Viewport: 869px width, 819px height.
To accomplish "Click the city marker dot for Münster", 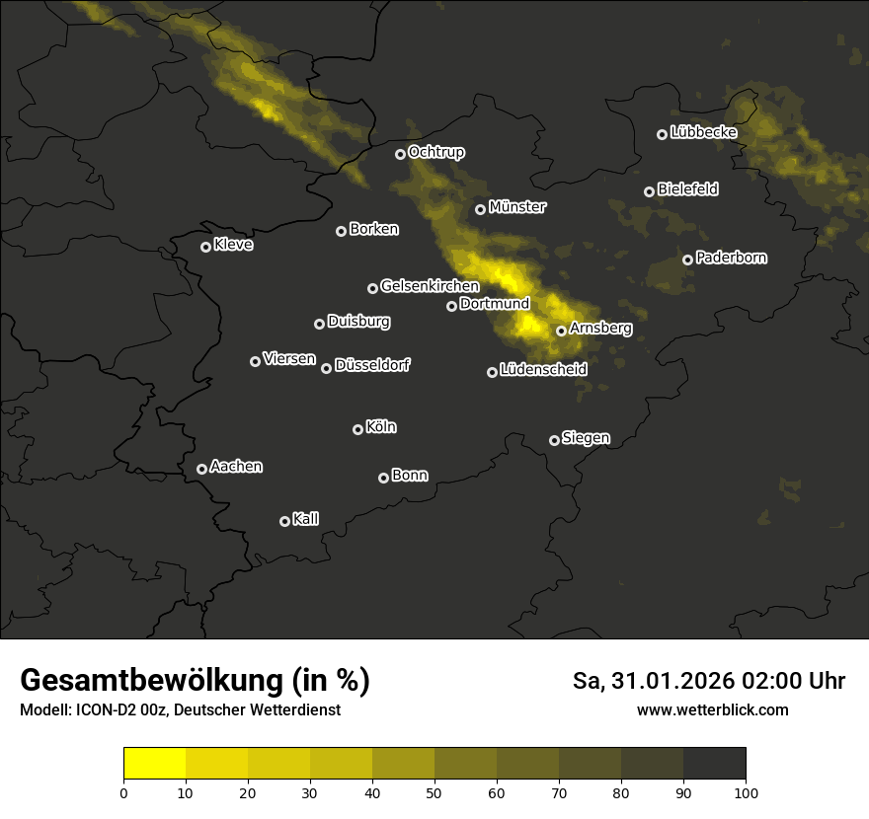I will point(481,209).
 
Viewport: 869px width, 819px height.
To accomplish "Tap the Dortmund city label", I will point(495,304).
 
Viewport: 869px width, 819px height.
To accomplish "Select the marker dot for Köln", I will point(357,429).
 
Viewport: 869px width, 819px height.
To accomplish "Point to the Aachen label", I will point(236,467).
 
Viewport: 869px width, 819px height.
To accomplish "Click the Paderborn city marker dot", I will point(687,260).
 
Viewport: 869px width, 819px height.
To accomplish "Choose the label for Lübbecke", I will point(703,132).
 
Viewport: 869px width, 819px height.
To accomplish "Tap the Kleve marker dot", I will point(205,247).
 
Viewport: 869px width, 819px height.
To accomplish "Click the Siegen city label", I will point(586,438).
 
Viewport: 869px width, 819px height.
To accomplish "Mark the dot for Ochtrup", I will point(400,154).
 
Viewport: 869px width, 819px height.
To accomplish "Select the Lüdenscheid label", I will point(543,370).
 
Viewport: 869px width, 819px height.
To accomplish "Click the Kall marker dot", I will point(284,521).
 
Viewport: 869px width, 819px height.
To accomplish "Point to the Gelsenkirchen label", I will point(430,286).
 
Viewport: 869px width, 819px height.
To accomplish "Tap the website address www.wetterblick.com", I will point(713,709).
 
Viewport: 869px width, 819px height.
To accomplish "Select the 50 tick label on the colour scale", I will point(434,792).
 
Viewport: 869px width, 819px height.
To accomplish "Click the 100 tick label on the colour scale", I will point(746,792).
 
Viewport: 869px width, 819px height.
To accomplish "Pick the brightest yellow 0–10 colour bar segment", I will point(155,764).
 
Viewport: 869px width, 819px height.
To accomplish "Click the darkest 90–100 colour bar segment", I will point(714,764).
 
